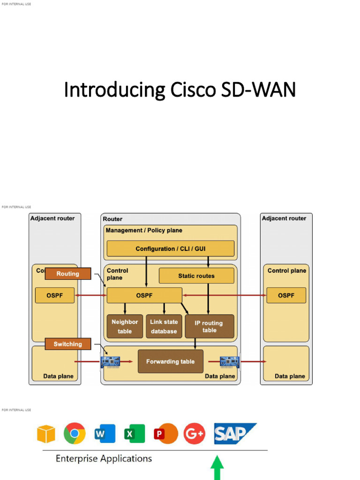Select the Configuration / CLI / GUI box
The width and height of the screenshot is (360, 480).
coord(170,248)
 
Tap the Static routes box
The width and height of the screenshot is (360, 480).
coord(196,276)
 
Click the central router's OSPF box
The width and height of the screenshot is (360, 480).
coord(144,295)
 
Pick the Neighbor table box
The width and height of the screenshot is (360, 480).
coord(125,326)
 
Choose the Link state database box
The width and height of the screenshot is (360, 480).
coord(164,326)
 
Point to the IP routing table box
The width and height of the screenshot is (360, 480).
coord(209,326)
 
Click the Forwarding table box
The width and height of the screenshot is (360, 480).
coord(170,361)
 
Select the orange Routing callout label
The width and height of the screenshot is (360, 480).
coord(68,274)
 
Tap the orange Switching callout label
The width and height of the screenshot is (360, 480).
coord(68,344)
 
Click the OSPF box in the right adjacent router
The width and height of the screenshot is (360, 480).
coord(286,295)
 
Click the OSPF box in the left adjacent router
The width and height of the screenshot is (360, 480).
coord(55,295)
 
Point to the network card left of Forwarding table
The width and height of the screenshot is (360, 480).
coord(111,361)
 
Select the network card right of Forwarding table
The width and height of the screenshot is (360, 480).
coord(230,361)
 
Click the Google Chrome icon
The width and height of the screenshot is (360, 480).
coord(75,434)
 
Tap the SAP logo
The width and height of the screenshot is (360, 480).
coord(234,434)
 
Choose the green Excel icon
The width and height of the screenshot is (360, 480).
coord(134,434)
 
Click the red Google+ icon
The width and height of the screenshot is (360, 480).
coord(194,434)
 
